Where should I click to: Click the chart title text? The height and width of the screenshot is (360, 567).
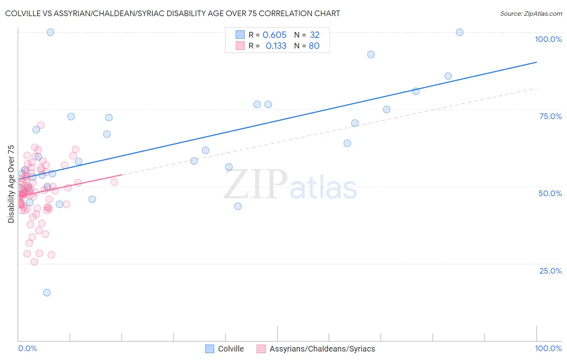[x=173, y=13]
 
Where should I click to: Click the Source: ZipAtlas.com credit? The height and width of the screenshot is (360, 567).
[x=531, y=13]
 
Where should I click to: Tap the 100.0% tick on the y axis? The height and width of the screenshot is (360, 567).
[x=548, y=39]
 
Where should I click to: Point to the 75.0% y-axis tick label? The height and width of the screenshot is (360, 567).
[x=550, y=116]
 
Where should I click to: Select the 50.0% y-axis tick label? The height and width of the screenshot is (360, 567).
[x=550, y=193]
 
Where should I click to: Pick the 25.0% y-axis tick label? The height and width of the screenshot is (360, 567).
[x=550, y=271]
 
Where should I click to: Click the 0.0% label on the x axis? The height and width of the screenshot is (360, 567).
[x=27, y=348]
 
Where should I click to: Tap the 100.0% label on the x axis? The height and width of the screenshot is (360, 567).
[x=548, y=348]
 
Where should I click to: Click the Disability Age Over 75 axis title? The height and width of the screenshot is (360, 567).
[x=11, y=184]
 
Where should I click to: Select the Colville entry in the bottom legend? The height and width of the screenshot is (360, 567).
[x=231, y=349]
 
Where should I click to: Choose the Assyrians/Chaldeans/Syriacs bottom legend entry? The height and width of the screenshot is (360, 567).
[x=322, y=349]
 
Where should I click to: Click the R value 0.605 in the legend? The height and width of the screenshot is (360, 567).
[x=274, y=35]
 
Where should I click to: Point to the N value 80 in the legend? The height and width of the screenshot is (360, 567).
[x=314, y=46]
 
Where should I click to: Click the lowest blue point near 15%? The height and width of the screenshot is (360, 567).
[x=47, y=293]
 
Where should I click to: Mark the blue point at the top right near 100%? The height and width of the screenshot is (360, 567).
[x=459, y=32]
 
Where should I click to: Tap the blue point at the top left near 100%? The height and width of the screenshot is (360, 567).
[x=50, y=32]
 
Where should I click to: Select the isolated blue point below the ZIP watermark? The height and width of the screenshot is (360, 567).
[x=238, y=206]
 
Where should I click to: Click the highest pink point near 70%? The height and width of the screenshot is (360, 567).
[x=41, y=125]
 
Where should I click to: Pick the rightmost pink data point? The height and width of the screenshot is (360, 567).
[x=115, y=182]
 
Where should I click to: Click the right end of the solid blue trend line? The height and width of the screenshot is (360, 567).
[x=536, y=62]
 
